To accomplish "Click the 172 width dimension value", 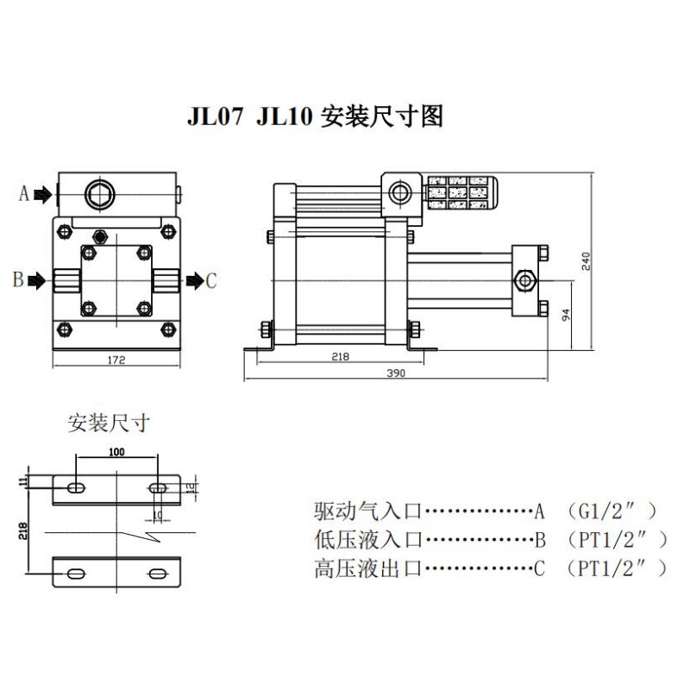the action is click(116, 360).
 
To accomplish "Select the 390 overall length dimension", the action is click(396, 373).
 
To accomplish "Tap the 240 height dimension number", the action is click(586, 261).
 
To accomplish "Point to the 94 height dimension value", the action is click(567, 316).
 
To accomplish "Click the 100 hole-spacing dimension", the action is click(116, 452).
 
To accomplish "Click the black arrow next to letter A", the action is click(43, 194).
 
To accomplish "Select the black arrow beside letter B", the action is click(37, 280).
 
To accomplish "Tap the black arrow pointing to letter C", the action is click(195, 280).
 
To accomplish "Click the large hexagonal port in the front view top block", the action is click(100, 194).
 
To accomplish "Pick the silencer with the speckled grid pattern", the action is click(461, 192).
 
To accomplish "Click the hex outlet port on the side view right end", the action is click(525, 280).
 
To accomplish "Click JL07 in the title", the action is click(215, 116).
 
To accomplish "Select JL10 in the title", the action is click(284, 116).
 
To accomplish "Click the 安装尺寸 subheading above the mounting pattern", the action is click(109, 423).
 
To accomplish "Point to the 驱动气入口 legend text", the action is click(368, 511).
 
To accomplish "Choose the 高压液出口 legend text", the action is click(368, 568).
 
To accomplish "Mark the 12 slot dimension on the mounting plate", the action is click(191, 487).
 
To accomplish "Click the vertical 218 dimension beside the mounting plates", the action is click(23, 531).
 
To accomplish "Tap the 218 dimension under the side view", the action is click(340, 356).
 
